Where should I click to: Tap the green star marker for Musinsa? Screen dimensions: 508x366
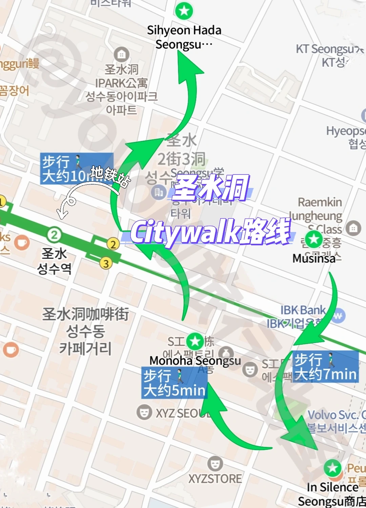(314, 239)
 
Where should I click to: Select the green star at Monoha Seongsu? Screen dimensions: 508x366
(195, 341)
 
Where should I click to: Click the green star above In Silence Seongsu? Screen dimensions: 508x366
(332, 468)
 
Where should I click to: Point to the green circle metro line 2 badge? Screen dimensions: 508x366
(54, 235)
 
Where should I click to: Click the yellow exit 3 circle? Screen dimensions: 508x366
(106, 263)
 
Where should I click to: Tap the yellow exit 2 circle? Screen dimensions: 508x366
(113, 244)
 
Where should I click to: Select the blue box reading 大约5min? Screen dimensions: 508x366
(174, 383)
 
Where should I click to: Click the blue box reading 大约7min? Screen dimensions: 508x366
(325, 367)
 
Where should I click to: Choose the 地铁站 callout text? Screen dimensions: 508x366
(110, 176)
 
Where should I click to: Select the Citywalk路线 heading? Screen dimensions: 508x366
(210, 232)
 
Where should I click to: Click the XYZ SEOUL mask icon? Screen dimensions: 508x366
(144, 412)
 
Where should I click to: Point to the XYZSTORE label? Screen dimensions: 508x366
(215, 479)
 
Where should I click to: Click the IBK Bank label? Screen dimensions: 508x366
(303, 310)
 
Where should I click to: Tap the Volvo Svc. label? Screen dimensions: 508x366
(336, 415)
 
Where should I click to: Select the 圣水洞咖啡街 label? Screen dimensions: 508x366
(85, 314)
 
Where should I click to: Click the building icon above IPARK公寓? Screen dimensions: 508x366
(121, 54)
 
